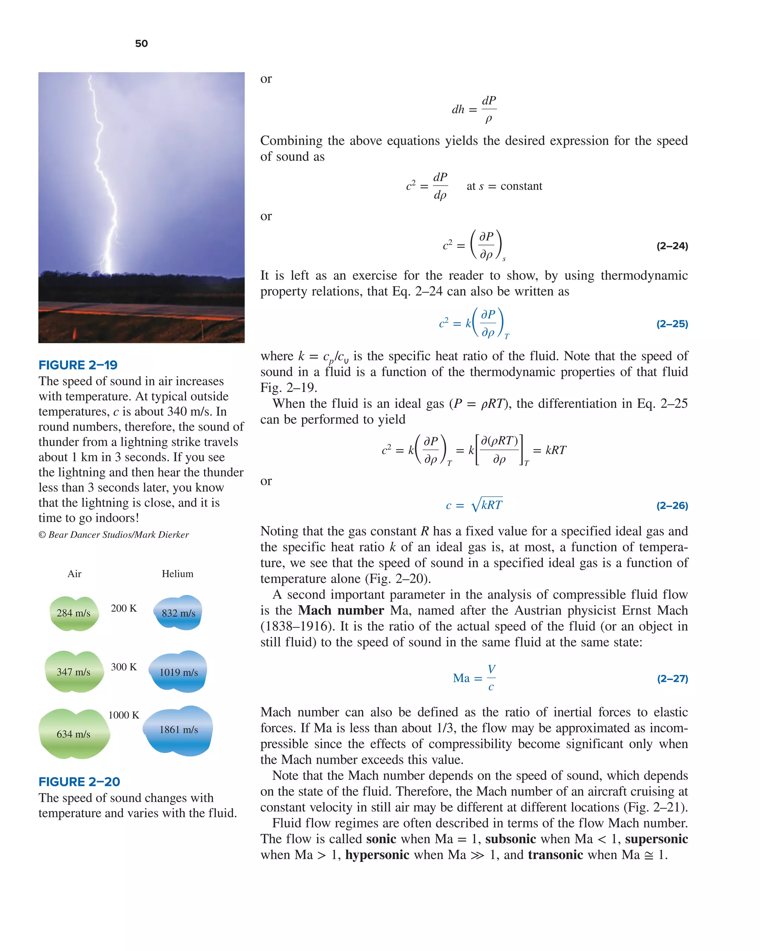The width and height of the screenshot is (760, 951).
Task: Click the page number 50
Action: [141, 43]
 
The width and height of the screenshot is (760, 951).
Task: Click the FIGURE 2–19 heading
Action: [78, 365]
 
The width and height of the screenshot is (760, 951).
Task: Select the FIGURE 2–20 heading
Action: [79, 782]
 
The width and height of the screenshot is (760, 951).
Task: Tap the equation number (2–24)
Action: [672, 246]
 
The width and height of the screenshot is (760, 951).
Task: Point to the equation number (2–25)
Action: [672, 324]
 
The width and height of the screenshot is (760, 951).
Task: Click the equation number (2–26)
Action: [672, 506]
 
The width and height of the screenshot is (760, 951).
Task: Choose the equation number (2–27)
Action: [672, 679]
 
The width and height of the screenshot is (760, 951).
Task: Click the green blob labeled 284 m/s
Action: [74, 613]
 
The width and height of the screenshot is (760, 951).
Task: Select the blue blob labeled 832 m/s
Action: [178, 613]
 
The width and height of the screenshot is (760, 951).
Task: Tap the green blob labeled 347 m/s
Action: [74, 672]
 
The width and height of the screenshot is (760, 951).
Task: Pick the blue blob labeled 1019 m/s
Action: [178, 672]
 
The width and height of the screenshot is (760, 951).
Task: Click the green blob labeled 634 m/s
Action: [74, 734]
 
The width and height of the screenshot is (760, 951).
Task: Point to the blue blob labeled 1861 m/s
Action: [178, 729]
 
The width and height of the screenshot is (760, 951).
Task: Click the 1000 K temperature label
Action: [124, 715]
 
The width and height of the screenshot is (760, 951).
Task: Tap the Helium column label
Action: [177, 573]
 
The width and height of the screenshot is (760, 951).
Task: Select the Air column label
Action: [74, 573]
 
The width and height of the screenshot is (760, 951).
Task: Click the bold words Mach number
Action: [341, 611]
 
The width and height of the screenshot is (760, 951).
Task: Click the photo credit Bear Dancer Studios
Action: [114, 535]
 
